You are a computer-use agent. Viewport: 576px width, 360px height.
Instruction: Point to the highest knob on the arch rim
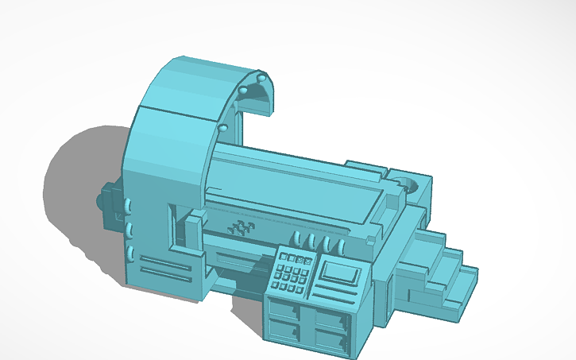click(261, 78)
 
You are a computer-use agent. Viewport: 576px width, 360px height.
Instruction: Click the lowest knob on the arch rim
click(224, 127)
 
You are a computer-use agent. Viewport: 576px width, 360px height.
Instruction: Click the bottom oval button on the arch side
click(128, 254)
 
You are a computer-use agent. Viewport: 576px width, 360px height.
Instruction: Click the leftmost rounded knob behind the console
click(296, 238)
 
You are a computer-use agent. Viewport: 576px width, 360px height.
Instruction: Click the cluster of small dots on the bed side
click(240, 230)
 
